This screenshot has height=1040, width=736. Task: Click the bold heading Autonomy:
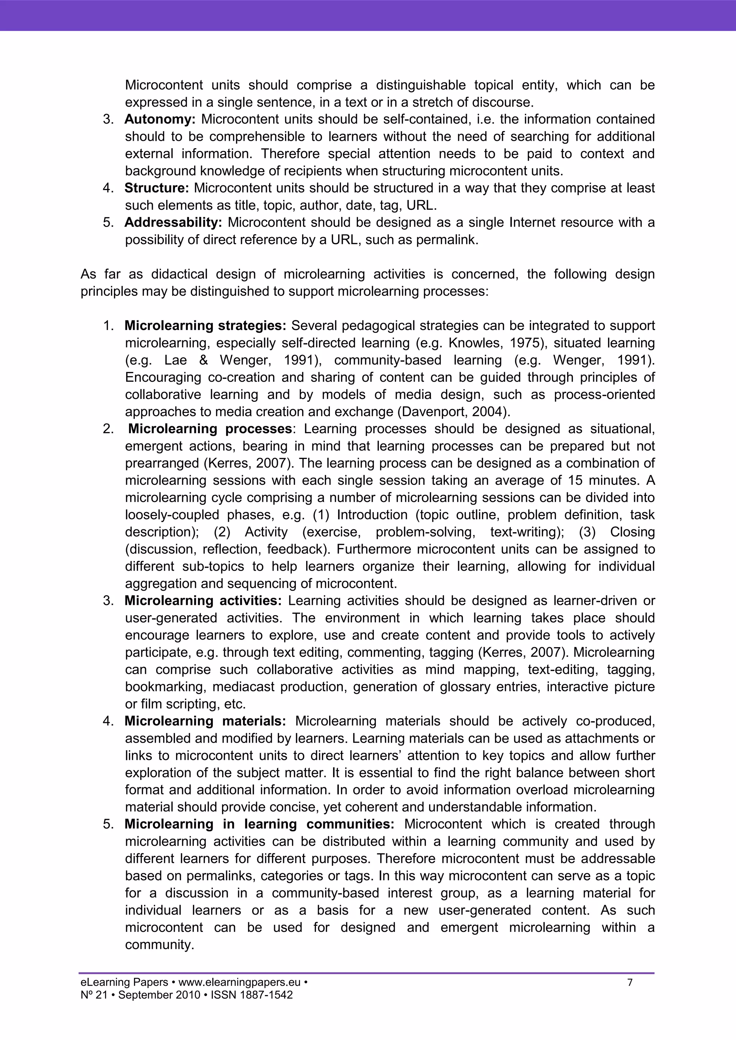160,120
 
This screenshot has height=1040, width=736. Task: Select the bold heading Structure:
156,188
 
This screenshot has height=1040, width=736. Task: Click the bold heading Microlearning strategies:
205,326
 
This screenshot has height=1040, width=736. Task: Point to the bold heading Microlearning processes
210,428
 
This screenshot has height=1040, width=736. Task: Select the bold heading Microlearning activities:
203,601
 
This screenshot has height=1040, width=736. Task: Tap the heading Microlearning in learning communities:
259,824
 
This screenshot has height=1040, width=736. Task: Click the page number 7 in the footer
630,983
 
